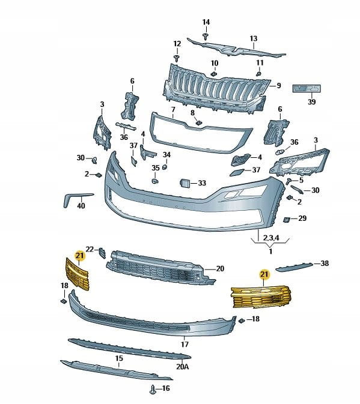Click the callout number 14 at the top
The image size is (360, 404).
[x=206, y=22]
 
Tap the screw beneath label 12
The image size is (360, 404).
[x=177, y=58]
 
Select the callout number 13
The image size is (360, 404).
[x=254, y=38]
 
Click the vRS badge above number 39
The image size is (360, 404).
[x=307, y=89]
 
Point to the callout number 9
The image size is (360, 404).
[x=278, y=85]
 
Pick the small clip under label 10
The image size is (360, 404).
[x=214, y=74]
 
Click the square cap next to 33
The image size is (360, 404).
[x=185, y=183]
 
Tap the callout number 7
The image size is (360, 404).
[x=173, y=110]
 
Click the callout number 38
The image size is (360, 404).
[x=325, y=263]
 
